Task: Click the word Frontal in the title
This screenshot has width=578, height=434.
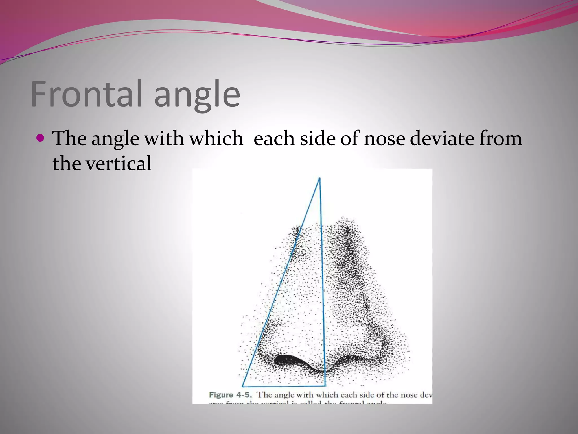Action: pyautogui.click(x=86, y=94)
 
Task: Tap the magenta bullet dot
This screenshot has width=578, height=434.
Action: pyautogui.click(x=41, y=138)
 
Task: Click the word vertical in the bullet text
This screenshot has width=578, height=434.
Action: pyautogui.click(x=119, y=164)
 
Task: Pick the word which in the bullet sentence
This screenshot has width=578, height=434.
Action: pyautogui.click(x=216, y=139)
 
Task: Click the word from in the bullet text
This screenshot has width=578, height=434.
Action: pyautogui.click(x=500, y=139)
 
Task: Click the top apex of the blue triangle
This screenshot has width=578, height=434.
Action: pyautogui.click(x=319, y=178)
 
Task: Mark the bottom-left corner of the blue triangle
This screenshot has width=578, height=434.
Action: pyautogui.click(x=242, y=386)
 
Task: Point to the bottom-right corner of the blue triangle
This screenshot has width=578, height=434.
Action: pyautogui.click(x=325, y=385)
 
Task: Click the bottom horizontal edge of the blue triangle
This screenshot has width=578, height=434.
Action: pyautogui.click(x=284, y=386)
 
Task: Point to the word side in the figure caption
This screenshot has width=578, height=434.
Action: pyautogui.click(x=367, y=395)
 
